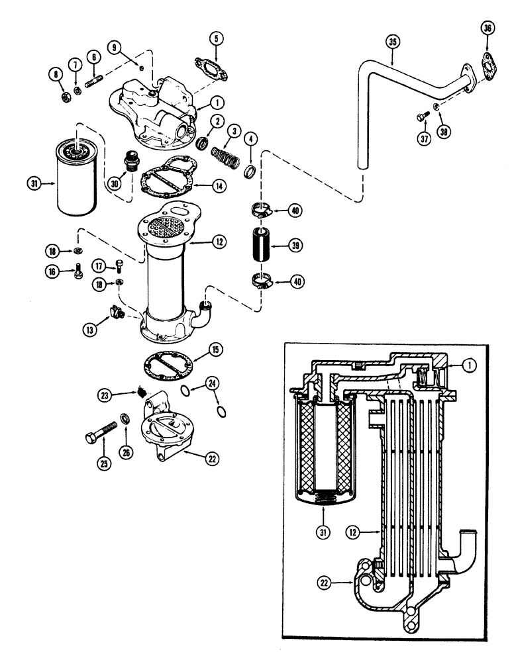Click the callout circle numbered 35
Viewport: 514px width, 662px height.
[393, 42]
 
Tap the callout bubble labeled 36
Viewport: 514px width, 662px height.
[487, 28]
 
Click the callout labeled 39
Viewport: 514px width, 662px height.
[297, 246]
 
